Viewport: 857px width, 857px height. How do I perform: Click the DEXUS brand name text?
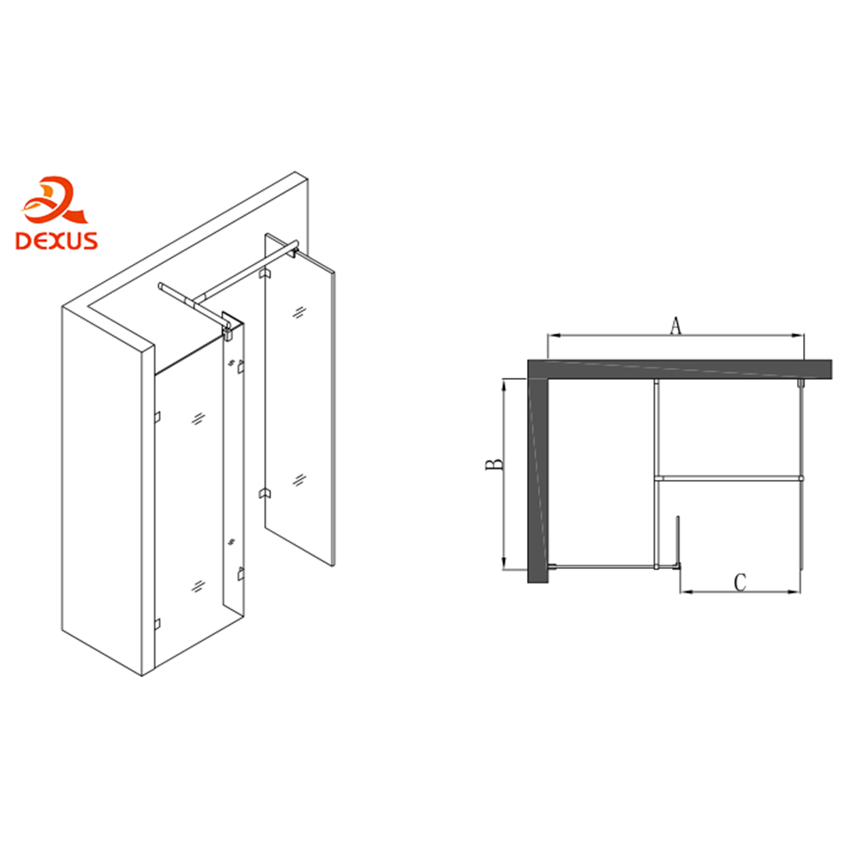pyautogui.click(x=57, y=241)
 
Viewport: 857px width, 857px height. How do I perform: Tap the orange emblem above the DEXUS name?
pyautogui.click(x=54, y=200)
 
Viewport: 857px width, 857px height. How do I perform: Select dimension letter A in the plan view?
pyautogui.click(x=676, y=326)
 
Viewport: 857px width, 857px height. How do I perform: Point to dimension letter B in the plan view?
pyautogui.click(x=494, y=464)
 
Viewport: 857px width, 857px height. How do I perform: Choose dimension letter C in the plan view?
pyautogui.click(x=740, y=583)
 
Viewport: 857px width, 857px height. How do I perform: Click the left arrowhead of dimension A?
pyautogui.click(x=552, y=336)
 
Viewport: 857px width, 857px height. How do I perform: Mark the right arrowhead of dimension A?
pyautogui.click(x=799, y=336)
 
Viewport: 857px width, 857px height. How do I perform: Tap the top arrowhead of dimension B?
pyautogui.click(x=504, y=383)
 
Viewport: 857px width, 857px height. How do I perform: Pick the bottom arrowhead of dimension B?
pyautogui.click(x=504, y=564)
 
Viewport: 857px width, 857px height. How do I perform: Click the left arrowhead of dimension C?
pyautogui.click(x=686, y=591)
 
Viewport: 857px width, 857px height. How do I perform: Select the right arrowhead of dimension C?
pyautogui.click(x=795, y=591)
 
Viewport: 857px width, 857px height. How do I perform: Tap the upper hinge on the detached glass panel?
pyautogui.click(x=264, y=273)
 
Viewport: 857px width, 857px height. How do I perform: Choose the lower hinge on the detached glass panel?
pyautogui.click(x=264, y=494)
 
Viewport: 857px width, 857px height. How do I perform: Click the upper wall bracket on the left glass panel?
pyautogui.click(x=158, y=417)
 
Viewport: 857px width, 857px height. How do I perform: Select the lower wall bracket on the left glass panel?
pyautogui.click(x=158, y=624)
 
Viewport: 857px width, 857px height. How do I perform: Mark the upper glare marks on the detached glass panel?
pyautogui.click(x=299, y=313)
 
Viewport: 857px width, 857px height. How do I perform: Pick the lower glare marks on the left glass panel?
pyautogui.click(x=199, y=586)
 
